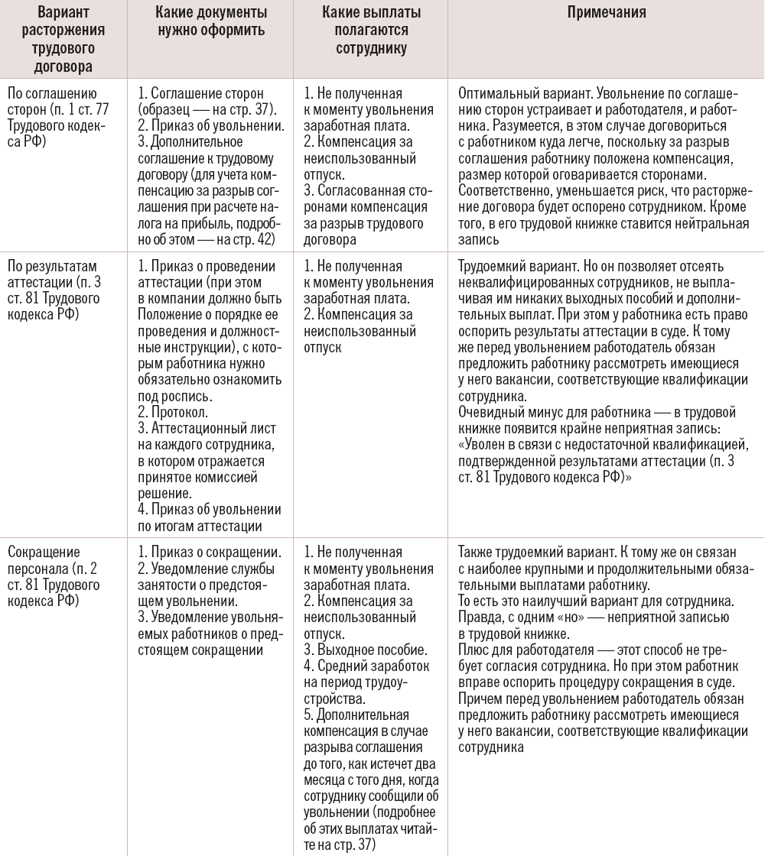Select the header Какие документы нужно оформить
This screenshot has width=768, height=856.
(x=210, y=21)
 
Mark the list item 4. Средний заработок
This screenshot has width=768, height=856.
(x=366, y=666)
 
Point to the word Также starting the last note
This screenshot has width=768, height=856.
(x=476, y=552)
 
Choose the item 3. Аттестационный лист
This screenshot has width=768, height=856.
(x=211, y=428)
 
